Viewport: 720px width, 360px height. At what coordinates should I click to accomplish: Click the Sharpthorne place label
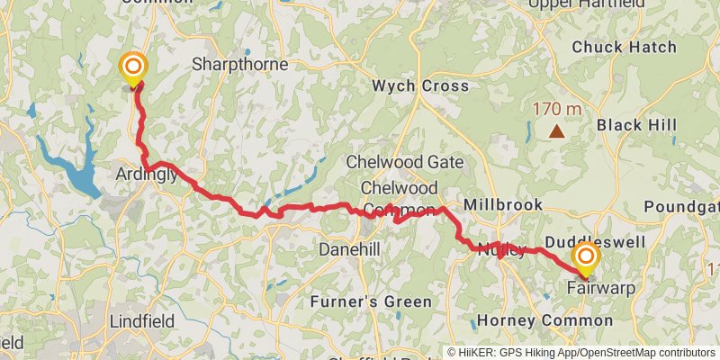239,65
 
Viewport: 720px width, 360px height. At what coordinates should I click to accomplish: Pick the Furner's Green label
371,301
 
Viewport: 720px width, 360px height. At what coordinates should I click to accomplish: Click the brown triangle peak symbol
557,132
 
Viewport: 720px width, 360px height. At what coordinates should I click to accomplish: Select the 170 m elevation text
556,109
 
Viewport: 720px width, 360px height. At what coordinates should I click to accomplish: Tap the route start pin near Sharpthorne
133,67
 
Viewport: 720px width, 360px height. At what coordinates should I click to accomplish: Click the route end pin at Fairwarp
586,258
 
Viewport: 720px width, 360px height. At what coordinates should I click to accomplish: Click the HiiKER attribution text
581,352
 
